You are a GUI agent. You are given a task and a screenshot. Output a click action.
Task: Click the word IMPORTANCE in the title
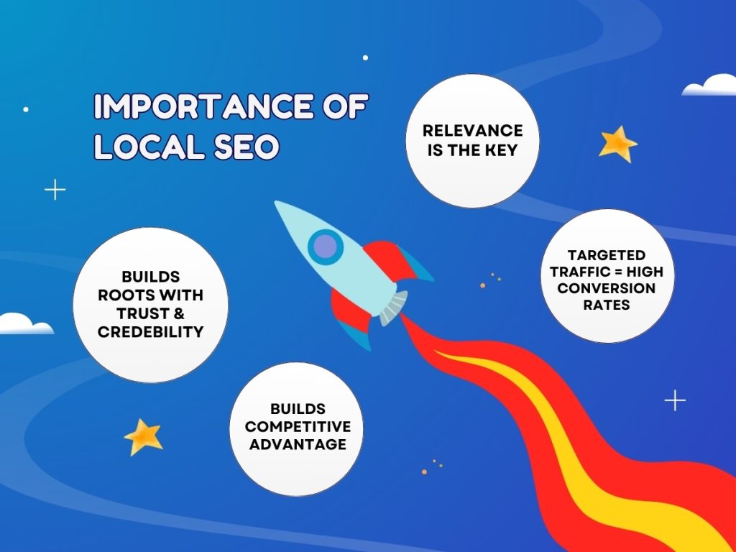click(203, 106)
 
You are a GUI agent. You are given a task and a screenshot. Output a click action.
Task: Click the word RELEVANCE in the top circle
click(473, 131)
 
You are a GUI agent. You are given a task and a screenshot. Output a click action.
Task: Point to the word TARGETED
click(607, 255)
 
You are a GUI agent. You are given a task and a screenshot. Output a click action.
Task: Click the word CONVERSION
click(607, 288)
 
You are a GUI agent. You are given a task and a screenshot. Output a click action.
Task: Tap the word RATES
click(607, 305)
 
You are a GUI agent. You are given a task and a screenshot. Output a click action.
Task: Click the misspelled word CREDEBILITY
click(151, 332)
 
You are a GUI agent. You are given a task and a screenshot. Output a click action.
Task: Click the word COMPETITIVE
click(298, 427)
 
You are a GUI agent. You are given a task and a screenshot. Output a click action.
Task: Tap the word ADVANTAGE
click(298, 444)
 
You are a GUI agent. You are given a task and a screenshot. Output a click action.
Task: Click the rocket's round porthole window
click(326, 247)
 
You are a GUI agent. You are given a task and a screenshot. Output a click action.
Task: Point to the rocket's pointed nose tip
click(275, 202)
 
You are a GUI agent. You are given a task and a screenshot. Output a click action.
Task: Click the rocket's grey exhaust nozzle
click(393, 308)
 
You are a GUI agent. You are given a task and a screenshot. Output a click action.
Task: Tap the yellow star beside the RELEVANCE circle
click(617, 144)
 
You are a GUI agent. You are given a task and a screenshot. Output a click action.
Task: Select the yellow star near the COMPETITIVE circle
click(143, 437)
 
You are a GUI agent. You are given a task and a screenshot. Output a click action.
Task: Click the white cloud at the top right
click(709, 85)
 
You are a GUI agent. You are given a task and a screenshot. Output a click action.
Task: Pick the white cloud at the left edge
click(24, 323)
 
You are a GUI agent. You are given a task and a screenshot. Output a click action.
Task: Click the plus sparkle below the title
click(55, 190)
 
